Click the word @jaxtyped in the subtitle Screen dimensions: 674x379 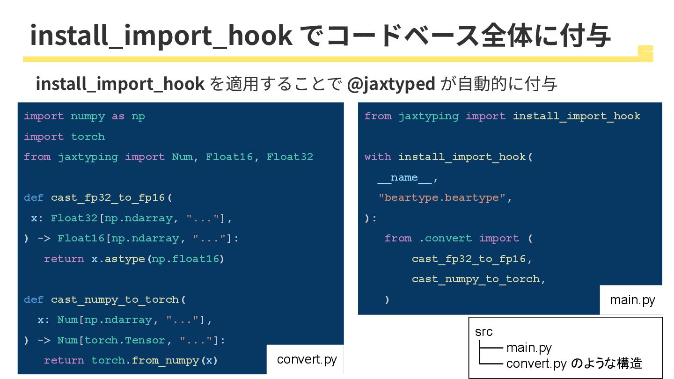[391, 84]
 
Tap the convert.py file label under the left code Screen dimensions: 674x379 [307, 359]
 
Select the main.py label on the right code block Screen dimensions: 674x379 [632, 299]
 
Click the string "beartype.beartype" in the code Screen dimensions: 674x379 [442, 197]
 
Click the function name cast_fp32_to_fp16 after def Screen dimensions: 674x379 [108, 197]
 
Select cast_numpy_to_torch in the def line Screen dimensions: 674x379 [115, 299]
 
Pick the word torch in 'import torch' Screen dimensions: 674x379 [88, 137]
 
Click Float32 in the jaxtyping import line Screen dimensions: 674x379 [290, 157]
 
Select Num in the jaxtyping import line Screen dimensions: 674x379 [182, 157]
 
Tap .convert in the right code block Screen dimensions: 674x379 [446, 238]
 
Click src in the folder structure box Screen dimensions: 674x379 [484, 332]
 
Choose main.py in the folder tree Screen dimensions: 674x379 [529, 348]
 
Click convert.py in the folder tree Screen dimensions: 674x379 [536, 364]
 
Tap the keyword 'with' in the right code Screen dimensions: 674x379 [378, 157]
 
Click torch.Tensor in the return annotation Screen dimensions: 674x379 [125, 340]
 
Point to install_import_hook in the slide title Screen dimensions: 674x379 [161, 35]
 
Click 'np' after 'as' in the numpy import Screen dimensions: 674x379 [138, 116]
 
